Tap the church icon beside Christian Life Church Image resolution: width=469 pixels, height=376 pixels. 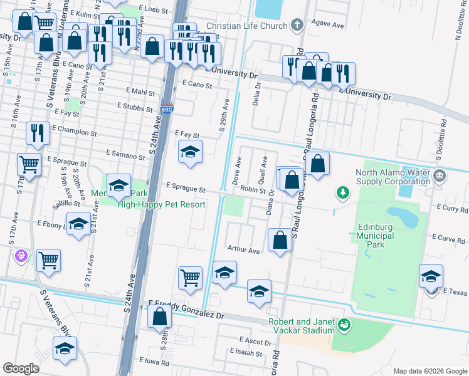(297, 26)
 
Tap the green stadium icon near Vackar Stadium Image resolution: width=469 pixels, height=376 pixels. (344, 325)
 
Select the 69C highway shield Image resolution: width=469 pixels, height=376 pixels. (166, 110)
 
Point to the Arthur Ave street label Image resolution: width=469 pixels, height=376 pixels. (243, 250)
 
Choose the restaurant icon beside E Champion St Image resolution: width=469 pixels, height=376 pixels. (37, 133)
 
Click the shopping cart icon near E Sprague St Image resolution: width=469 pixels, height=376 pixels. (29, 164)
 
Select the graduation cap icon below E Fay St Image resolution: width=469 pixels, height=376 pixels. (191, 152)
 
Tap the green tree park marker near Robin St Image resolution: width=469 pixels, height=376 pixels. (342, 192)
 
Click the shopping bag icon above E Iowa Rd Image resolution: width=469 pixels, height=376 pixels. (160, 316)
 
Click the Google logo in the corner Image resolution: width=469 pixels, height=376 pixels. (21, 368)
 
